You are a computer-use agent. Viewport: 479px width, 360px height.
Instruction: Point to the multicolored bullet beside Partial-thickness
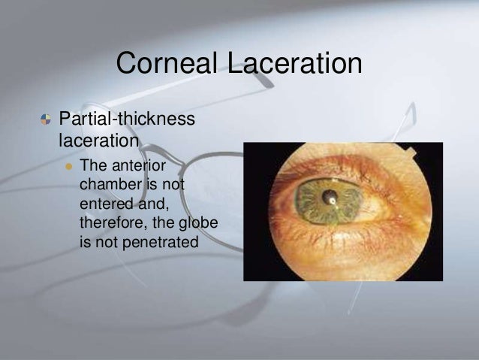pyautogui.click(x=46, y=119)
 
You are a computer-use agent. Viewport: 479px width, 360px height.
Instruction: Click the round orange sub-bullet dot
pyautogui.click(x=67, y=165)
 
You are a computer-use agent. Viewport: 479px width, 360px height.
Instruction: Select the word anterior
pyautogui.click(x=140, y=165)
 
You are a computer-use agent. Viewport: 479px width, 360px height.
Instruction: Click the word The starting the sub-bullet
pyautogui.click(x=92, y=165)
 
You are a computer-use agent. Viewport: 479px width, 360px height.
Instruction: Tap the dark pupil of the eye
pyautogui.click(x=329, y=200)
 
